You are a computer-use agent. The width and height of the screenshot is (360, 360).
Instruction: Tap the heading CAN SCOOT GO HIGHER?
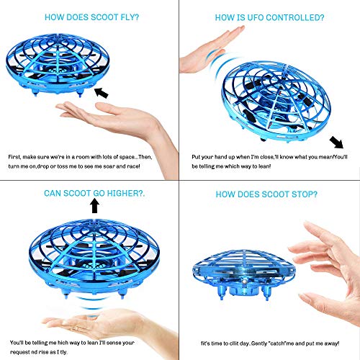coord(93,193)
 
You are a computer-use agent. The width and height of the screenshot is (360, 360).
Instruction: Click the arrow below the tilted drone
coord(336,141)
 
